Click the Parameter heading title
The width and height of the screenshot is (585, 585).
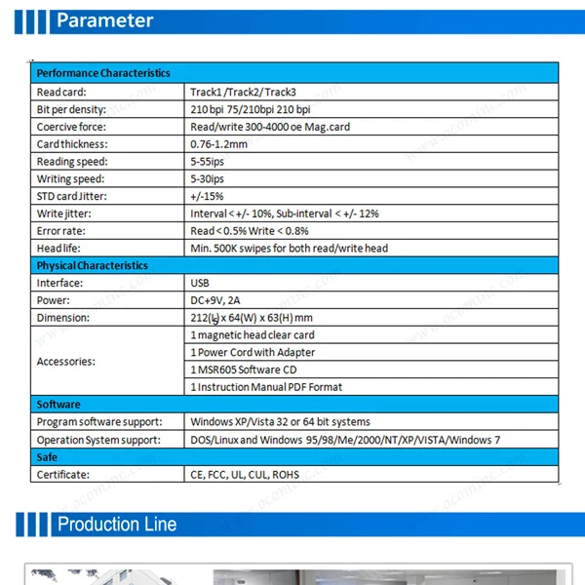coord(105,20)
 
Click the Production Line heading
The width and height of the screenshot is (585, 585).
coord(117,525)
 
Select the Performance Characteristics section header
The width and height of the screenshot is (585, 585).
coord(103,73)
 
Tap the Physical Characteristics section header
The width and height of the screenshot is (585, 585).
coord(93,265)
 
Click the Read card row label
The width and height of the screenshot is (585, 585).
coord(62,91)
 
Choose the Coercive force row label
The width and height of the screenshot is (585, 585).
coord(71,127)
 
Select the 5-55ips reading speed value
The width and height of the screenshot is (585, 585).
coord(208,162)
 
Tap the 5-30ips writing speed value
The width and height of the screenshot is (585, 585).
coord(208,179)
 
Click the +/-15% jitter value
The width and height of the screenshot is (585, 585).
coord(207,196)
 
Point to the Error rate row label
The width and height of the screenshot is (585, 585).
coord(61,231)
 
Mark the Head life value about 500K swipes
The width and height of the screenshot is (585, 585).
coord(289,249)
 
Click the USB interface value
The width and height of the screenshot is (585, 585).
coord(201,284)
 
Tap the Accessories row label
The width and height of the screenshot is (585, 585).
coord(66,362)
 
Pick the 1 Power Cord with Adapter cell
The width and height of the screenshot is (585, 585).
coord(253,353)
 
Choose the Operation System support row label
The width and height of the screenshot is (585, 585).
coord(98,440)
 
